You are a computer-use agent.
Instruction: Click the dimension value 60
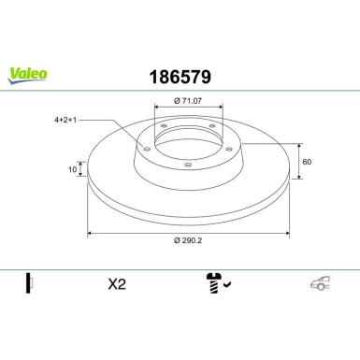pyautogui.click(x=307, y=160)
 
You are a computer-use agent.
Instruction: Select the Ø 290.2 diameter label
pyautogui.click(x=188, y=240)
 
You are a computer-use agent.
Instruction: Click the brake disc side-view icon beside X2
pyautogui.click(x=29, y=284)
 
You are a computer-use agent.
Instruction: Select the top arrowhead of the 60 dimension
pyautogui.click(x=299, y=144)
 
